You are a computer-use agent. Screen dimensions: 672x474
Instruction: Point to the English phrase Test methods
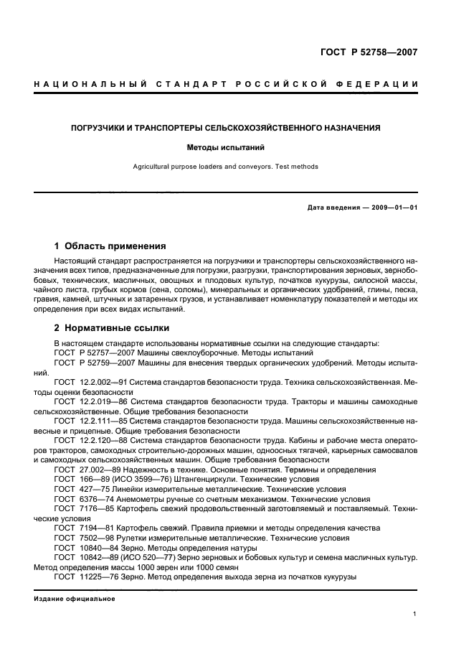click(293, 167)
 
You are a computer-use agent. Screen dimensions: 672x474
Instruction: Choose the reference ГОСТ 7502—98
click(84, 538)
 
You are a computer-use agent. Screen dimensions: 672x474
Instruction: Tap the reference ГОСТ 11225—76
click(86, 577)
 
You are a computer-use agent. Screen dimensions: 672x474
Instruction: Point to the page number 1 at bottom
click(415, 614)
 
